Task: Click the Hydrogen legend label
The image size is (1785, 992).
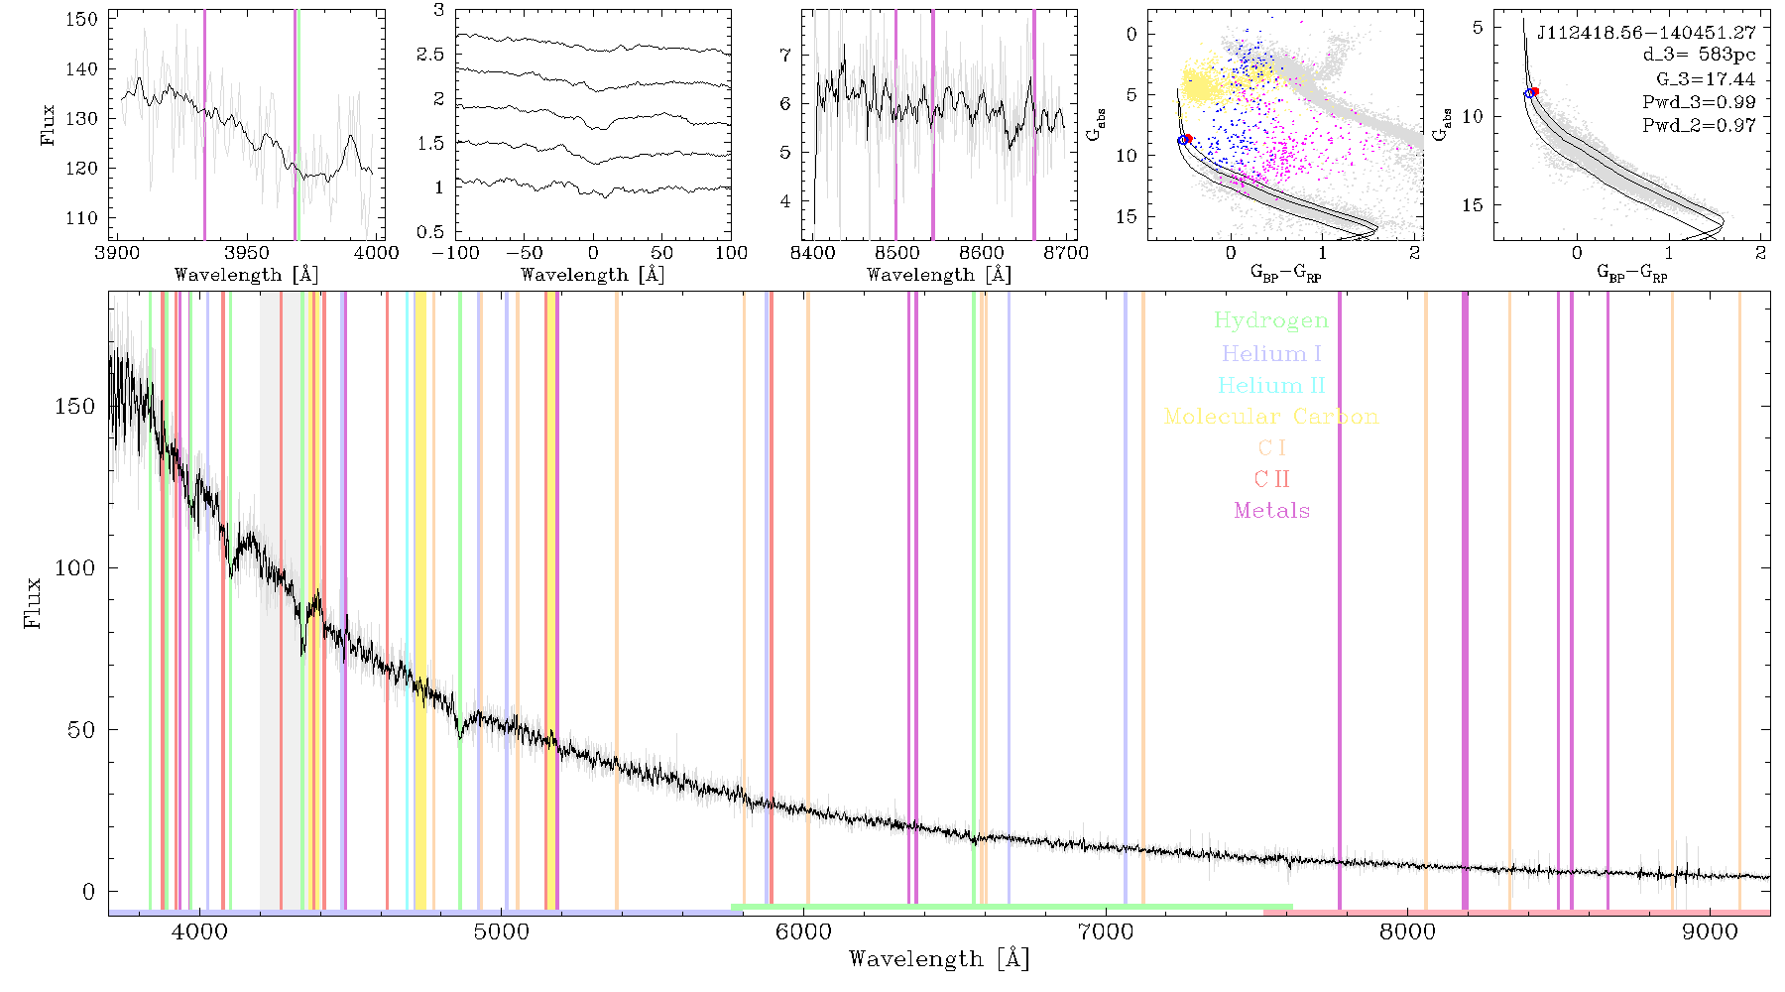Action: tap(1270, 320)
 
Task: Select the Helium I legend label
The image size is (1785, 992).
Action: tap(1271, 353)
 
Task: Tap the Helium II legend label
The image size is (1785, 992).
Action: tap(1271, 385)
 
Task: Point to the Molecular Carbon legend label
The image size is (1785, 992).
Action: tap(1271, 417)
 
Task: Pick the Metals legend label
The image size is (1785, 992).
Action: tap(1271, 510)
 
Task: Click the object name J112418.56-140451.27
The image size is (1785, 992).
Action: tap(1646, 33)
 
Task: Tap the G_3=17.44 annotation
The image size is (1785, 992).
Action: tap(1706, 79)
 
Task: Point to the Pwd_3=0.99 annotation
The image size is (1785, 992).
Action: tap(1699, 102)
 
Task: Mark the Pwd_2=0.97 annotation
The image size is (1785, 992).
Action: tap(1699, 126)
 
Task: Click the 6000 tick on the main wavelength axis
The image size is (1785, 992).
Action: tap(803, 931)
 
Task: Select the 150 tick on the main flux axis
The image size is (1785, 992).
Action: tap(75, 406)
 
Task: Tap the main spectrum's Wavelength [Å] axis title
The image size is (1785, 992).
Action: tap(939, 959)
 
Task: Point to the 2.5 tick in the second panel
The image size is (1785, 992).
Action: tap(429, 55)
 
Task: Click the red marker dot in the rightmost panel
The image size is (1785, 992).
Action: tap(1534, 91)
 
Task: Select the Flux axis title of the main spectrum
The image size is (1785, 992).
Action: tap(33, 602)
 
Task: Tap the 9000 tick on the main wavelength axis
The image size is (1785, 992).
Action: tap(1710, 931)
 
